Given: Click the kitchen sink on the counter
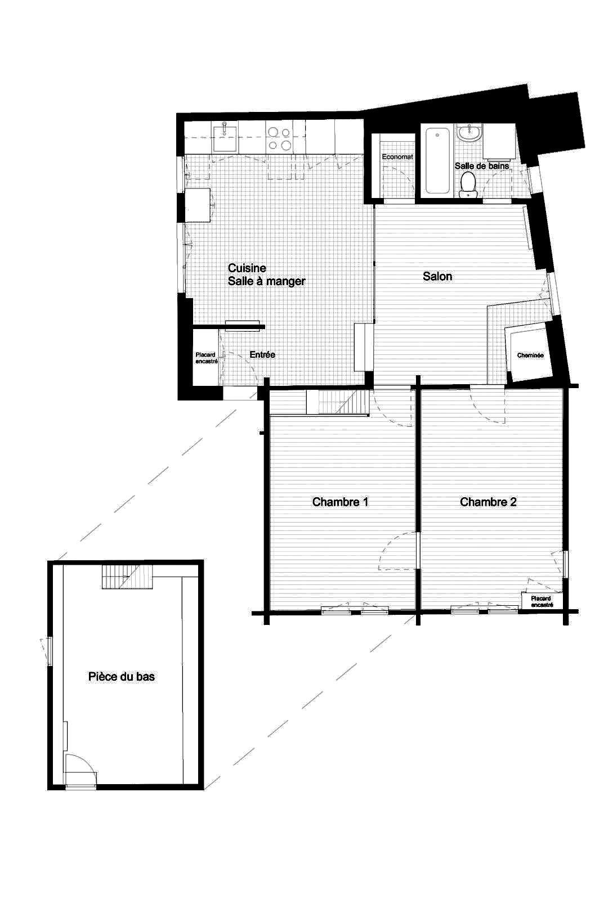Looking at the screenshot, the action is (x=225, y=137).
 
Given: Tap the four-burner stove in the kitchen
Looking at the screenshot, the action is (x=279, y=138).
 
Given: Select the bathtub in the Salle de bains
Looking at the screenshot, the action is (x=438, y=161).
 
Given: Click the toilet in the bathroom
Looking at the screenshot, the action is (x=468, y=185).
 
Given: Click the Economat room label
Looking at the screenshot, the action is (x=397, y=157).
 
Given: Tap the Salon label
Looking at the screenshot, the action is (x=437, y=276).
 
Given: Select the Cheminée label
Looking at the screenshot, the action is (x=530, y=355).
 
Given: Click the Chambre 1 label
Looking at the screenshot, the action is (x=340, y=501).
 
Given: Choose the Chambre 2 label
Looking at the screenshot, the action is (x=488, y=501).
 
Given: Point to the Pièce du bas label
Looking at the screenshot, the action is (x=122, y=676).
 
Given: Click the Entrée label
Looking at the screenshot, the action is (x=262, y=354).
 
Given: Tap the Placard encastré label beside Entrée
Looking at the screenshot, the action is (x=206, y=358).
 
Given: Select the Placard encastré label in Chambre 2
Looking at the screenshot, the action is (x=541, y=601).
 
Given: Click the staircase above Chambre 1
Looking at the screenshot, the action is (x=338, y=402).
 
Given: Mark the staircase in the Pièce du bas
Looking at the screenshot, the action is (x=127, y=577).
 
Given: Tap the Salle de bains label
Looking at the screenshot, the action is (x=482, y=165).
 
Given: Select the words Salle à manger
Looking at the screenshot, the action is (x=267, y=281).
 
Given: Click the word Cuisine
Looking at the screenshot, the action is (x=247, y=268).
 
